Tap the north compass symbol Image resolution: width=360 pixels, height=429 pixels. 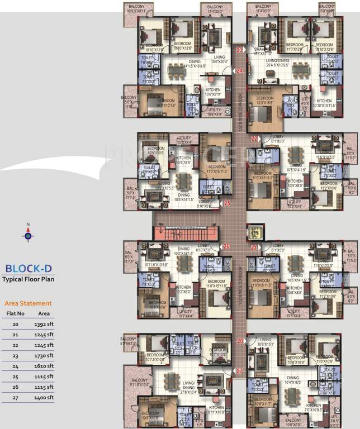tap(28, 235)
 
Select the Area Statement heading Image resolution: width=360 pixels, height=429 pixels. tap(28, 303)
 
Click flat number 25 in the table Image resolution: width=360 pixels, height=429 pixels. tap(16, 377)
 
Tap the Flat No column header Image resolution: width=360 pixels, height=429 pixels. tap(16, 313)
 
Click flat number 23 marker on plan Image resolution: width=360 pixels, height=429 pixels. tap(239, 50)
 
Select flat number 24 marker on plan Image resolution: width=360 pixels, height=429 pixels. tap(239, 71)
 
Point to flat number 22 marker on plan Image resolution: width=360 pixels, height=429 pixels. tap(254, 138)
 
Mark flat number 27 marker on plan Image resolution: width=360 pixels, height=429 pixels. tap(239, 371)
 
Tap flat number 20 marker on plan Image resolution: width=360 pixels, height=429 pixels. tap(240, 341)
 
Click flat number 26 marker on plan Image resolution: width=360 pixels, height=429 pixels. tap(226, 246)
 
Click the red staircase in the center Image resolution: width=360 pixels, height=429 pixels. tap(184, 232)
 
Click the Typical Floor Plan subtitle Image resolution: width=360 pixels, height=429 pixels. tap(28, 279)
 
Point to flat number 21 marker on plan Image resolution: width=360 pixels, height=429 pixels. tap(254, 247)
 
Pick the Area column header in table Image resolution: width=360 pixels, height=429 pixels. tap(44, 313)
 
